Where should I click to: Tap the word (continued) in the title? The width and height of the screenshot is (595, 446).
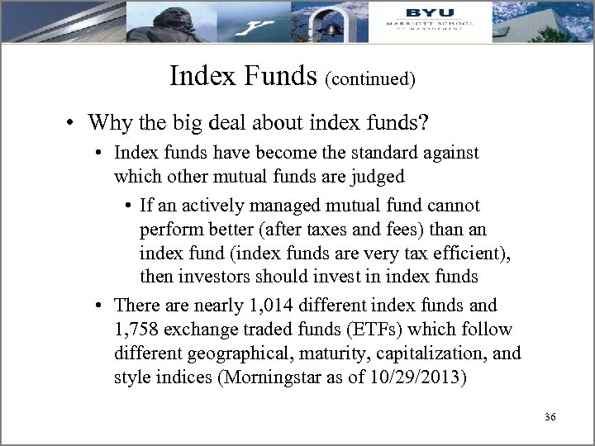370,79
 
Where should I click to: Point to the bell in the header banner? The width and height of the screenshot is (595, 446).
332,27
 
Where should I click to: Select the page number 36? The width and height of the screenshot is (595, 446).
550,418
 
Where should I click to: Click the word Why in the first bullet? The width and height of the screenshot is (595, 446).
106,123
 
